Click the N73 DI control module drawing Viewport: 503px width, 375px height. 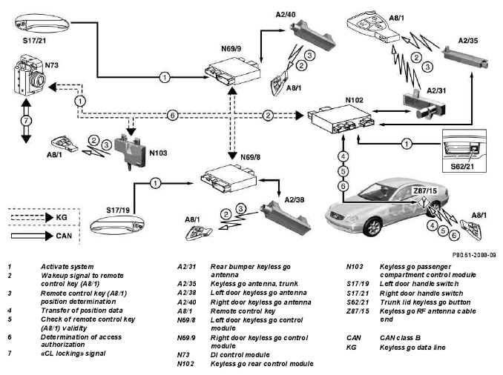click(x=29, y=76)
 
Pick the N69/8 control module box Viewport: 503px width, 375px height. click(x=229, y=178)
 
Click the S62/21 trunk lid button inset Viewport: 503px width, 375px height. click(x=464, y=150)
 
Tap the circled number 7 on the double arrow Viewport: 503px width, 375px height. click(x=26, y=121)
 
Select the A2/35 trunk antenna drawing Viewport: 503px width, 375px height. click(x=465, y=57)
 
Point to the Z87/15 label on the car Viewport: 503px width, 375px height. click(x=425, y=190)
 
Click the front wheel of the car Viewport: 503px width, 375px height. click(x=373, y=227)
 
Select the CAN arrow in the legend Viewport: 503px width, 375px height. click(x=32, y=236)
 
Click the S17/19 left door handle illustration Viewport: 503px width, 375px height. click(x=116, y=226)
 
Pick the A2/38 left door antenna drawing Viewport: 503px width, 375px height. click(x=285, y=218)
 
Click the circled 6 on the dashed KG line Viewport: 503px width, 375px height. click(x=173, y=115)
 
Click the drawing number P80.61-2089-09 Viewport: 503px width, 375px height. click(x=474, y=255)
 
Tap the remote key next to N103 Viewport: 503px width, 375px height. click(x=64, y=145)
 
